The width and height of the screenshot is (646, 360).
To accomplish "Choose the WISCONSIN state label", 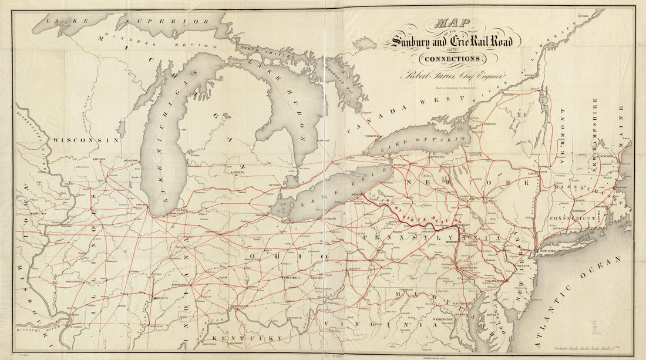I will tap(86, 140).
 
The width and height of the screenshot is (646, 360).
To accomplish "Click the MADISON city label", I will tap(99, 159).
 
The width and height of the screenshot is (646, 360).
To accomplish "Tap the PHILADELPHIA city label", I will tap(492, 281).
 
